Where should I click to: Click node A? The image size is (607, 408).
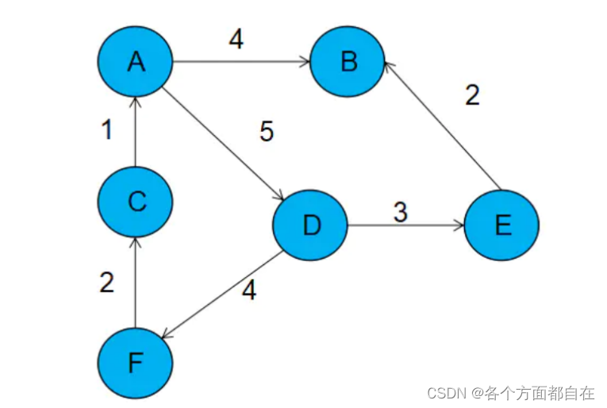[x=136, y=61]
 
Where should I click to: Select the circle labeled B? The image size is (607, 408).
[x=348, y=61]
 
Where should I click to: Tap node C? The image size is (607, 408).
[x=136, y=202]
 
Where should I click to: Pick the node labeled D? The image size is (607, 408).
[x=310, y=225]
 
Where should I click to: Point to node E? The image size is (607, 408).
[x=501, y=225]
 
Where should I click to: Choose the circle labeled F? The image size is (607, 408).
[x=136, y=364]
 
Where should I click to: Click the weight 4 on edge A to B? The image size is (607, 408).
[x=236, y=40]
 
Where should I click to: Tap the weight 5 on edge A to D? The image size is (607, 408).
[x=267, y=132]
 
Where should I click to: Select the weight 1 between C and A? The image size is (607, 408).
[x=107, y=130]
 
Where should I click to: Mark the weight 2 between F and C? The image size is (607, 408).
[x=107, y=282]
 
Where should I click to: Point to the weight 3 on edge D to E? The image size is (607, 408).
[x=400, y=212]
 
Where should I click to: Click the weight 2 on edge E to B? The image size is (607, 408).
[x=472, y=95]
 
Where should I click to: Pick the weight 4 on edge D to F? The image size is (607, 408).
[x=249, y=291]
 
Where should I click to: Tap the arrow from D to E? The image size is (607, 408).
[x=405, y=225]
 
